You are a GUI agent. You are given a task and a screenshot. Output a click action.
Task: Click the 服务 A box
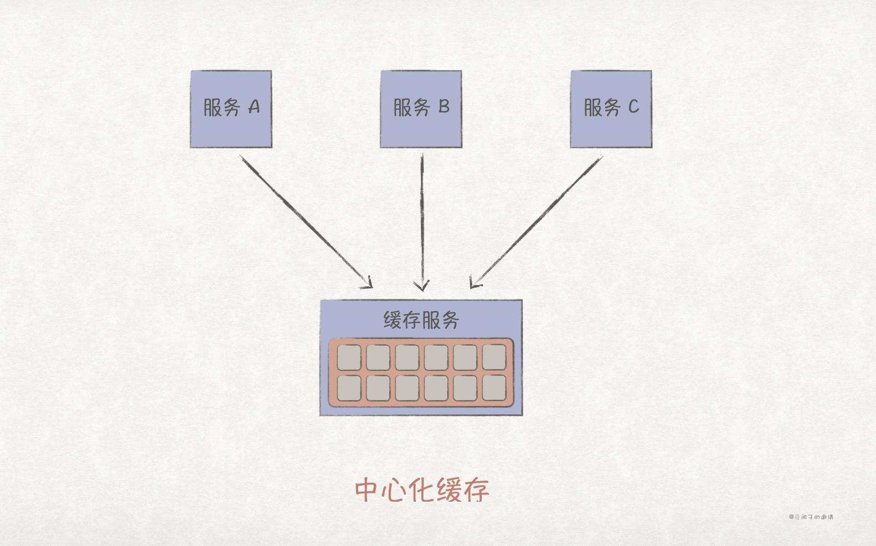(x=231, y=109)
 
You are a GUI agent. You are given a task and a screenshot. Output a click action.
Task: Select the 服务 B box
(x=421, y=109)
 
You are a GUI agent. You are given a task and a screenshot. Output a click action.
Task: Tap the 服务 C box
(x=611, y=109)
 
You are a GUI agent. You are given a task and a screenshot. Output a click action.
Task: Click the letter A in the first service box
(x=254, y=107)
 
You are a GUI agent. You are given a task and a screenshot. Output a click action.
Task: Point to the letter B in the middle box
(x=444, y=106)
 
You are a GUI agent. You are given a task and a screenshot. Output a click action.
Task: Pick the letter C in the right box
(x=633, y=106)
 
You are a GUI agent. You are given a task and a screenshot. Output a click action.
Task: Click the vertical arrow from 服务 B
(x=422, y=222)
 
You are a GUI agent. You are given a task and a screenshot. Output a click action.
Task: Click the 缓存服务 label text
(x=421, y=320)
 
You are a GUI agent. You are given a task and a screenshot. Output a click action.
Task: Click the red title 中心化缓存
(x=422, y=490)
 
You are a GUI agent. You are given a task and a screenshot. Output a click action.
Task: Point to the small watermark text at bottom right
(x=811, y=517)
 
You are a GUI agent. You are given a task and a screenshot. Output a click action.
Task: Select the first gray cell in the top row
(x=349, y=357)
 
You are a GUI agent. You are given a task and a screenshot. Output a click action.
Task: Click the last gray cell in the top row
(x=494, y=357)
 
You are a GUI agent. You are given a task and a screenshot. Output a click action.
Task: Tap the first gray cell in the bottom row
(x=349, y=388)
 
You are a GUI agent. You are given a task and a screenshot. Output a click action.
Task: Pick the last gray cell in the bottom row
(x=494, y=388)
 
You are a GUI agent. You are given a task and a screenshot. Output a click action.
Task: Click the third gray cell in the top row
(x=407, y=357)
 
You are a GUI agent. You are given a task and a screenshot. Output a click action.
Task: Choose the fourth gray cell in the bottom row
(x=436, y=388)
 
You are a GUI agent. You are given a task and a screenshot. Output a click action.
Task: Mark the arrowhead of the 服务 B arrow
(x=421, y=286)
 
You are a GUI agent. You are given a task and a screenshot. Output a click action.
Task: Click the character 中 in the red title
(x=367, y=490)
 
